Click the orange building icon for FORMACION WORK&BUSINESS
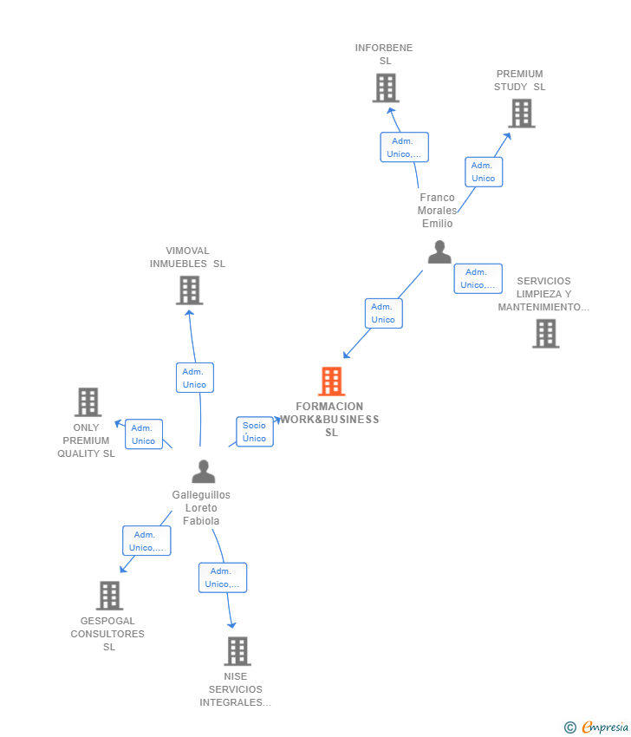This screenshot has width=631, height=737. [332, 382]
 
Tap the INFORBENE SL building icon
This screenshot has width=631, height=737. [387, 88]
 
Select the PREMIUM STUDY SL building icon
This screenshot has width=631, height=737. [522, 114]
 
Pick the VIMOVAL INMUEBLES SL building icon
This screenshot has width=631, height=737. [189, 290]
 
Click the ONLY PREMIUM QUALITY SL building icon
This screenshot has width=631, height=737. [88, 401]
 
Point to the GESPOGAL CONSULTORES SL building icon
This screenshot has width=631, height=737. [109, 596]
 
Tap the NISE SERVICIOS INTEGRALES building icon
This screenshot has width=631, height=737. [237, 651]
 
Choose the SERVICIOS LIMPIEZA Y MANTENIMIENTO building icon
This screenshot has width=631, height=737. [546, 334]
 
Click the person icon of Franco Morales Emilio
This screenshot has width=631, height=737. [439, 252]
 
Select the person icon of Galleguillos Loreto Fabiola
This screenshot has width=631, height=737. [204, 472]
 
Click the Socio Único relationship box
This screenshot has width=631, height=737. [255, 432]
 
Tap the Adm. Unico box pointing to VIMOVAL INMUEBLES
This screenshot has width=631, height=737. [195, 378]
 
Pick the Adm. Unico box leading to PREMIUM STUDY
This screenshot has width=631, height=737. [484, 172]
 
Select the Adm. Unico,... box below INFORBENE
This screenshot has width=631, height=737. [405, 147]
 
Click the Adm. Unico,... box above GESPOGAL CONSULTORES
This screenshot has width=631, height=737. [146, 540]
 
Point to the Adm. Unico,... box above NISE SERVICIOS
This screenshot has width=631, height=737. [223, 577]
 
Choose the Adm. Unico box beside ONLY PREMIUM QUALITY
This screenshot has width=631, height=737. [144, 434]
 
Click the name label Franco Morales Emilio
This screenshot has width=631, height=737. [438, 211]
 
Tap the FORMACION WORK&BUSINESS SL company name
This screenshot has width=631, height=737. [330, 420]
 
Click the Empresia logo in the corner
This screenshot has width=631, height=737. [596, 727]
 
